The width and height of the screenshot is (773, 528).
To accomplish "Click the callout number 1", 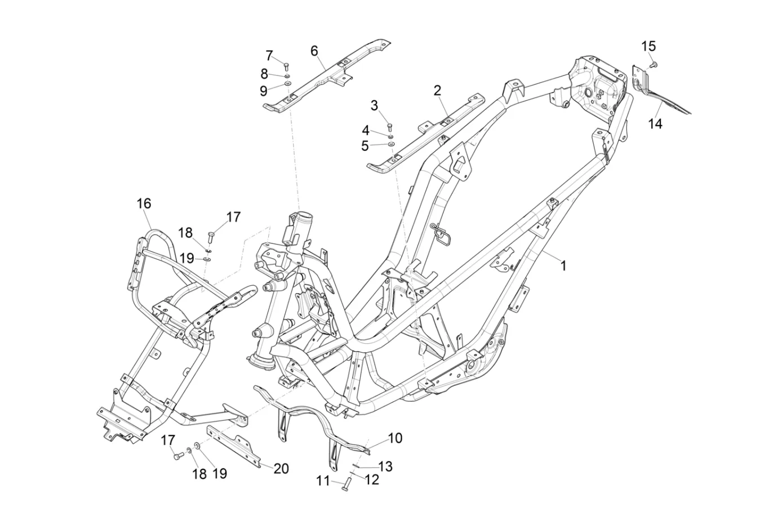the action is [563, 276].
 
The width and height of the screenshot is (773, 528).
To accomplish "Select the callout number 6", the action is [314, 51].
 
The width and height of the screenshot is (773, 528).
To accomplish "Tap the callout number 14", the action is [655, 123].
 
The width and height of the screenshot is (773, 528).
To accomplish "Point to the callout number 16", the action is [144, 203].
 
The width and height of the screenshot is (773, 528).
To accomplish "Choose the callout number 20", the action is [281, 469].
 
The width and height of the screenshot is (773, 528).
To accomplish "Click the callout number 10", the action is [396, 438].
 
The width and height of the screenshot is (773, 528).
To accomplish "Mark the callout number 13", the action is [385, 467].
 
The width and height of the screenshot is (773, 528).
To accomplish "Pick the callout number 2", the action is [437, 91].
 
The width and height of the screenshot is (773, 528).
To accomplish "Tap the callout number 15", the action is [649, 46].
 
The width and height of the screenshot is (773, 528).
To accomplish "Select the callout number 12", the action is [372, 480].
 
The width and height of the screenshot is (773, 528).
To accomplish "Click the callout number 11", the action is [323, 481].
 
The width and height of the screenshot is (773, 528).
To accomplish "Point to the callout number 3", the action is [375, 105].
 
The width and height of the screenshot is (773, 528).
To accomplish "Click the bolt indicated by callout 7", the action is [286, 66].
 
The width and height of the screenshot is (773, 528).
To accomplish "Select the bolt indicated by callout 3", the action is [390, 127].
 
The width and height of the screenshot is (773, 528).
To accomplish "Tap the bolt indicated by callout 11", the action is [346, 483].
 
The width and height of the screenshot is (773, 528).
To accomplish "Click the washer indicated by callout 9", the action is [287, 83].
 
